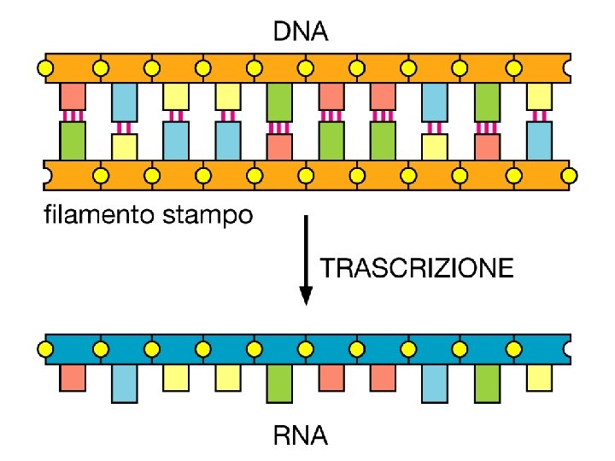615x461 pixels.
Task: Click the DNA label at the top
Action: click(299, 33)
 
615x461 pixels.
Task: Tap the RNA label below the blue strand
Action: click(300, 439)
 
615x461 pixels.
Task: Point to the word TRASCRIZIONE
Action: click(417, 270)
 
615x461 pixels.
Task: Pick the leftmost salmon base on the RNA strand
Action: click(73, 377)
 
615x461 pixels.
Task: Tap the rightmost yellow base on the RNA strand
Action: click(539, 376)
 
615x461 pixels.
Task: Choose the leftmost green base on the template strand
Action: click(73, 140)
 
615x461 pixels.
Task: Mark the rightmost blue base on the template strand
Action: click(539, 140)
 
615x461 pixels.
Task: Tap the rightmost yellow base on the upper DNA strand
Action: click(539, 96)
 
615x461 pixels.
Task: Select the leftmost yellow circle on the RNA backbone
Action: click(47, 348)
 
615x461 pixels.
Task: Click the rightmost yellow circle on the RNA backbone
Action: click(515, 348)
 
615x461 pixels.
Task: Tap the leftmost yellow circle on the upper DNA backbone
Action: click(47, 67)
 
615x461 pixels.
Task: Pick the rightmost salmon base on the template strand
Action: click(487, 146)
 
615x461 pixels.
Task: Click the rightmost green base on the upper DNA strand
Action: click(487, 102)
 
